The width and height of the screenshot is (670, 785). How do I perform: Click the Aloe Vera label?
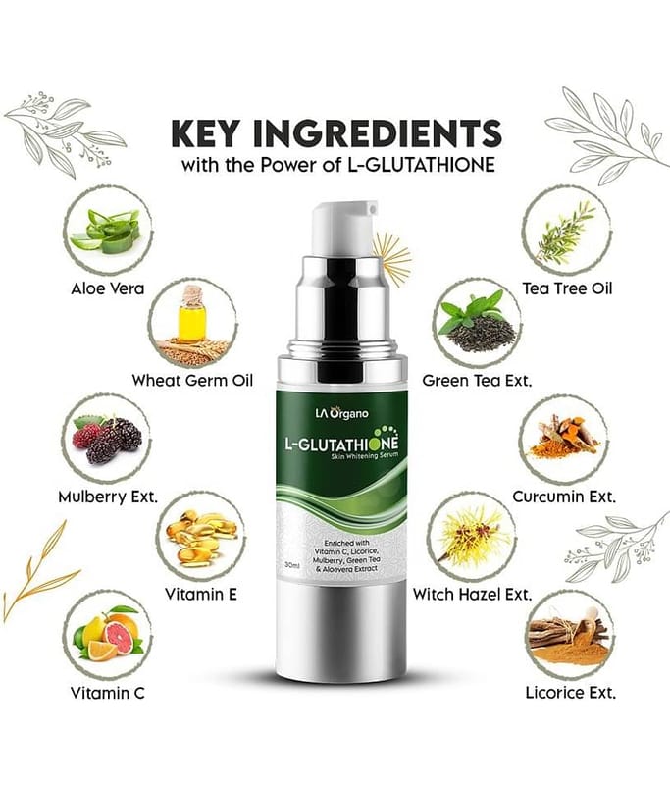click(108, 288)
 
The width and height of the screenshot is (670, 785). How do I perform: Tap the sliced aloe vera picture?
click(106, 231)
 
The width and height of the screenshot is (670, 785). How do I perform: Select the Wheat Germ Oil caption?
click(192, 380)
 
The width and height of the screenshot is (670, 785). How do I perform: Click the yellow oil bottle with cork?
click(191, 313)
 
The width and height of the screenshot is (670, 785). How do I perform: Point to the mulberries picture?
click(108, 439)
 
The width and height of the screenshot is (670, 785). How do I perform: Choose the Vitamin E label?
click(201, 594)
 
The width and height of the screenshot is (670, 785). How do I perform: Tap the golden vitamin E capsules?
click(201, 537)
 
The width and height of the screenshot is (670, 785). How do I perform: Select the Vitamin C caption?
click(108, 693)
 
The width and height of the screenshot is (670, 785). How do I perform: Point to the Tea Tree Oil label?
click(567, 288)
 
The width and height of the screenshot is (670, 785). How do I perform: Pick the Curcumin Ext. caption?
click(564, 497)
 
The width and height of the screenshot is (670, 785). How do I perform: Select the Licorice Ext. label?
click(570, 693)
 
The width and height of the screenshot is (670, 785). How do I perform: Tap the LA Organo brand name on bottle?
click(341, 413)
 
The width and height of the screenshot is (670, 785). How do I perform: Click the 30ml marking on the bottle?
click(291, 565)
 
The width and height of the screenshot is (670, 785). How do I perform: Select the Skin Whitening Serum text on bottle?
click(364, 455)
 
